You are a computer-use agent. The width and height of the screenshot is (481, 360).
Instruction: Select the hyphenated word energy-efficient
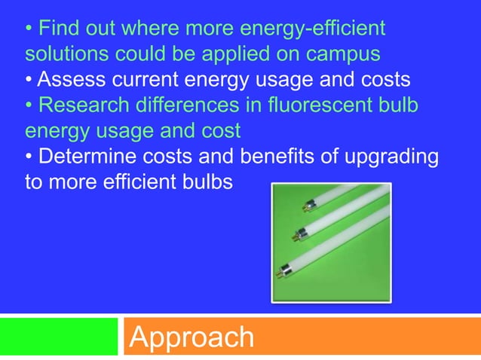(301, 29)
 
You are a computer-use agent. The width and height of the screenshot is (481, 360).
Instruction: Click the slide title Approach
(191, 337)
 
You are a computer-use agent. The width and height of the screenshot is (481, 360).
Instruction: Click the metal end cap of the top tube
(308, 203)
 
